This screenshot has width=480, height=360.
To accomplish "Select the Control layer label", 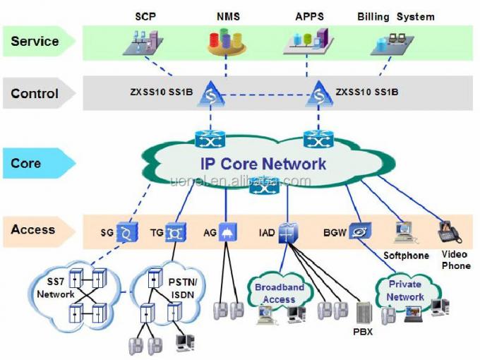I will click(x=35, y=93).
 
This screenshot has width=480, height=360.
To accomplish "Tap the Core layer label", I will click(x=26, y=163).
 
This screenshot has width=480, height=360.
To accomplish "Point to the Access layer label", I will click(x=33, y=229).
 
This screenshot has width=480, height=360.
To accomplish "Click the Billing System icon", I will click(x=390, y=44).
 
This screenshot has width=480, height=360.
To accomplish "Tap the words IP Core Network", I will click(x=263, y=164).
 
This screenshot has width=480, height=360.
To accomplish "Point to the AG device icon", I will click(x=227, y=232).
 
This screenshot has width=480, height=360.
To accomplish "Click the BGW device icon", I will click(x=359, y=232).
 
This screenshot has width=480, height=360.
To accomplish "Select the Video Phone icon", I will click(x=449, y=232).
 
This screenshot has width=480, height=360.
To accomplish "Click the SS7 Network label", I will click(x=55, y=288).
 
